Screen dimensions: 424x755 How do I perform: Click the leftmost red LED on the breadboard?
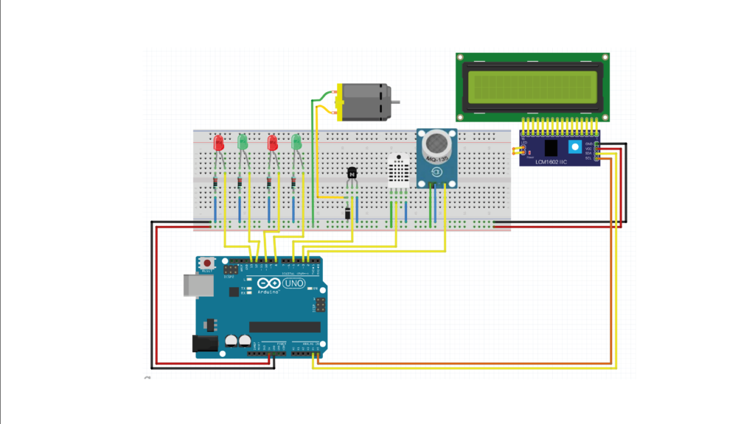[218, 142]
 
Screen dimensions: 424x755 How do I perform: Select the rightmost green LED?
[296, 141]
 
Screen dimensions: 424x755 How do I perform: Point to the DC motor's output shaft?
[396, 102]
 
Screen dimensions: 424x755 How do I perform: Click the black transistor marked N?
[352, 173]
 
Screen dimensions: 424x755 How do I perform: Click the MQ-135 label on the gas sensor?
[436, 160]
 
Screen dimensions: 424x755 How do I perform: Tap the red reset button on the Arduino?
[207, 263]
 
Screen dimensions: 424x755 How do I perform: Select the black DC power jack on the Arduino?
[203, 343]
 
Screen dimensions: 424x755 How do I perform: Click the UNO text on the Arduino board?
[293, 283]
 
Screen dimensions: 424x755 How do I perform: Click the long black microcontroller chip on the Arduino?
[285, 327]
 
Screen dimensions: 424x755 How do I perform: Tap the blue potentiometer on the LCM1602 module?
[574, 148]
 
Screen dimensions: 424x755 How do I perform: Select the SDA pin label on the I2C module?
[588, 153]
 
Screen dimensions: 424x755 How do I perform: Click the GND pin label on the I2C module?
[588, 144]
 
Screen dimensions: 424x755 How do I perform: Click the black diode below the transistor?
[347, 213]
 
